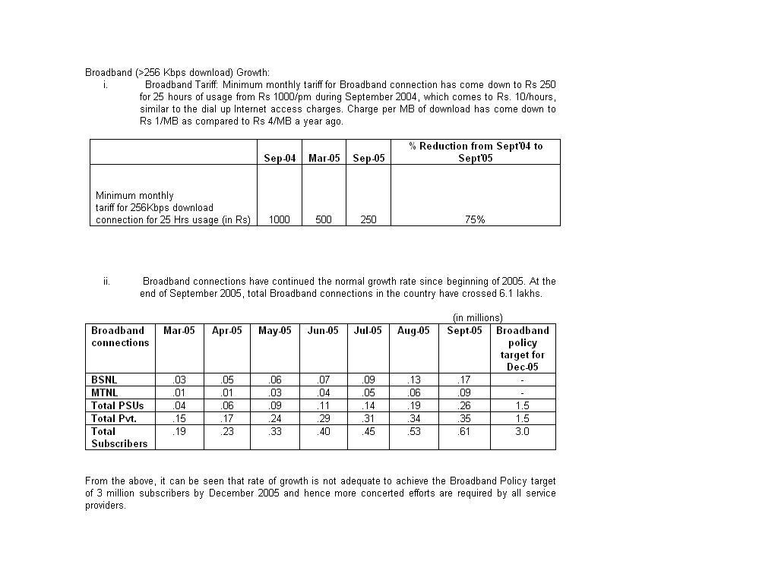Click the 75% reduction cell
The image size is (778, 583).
[x=475, y=219]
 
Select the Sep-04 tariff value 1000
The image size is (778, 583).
[x=280, y=219]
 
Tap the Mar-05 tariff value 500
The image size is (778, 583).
[x=324, y=219]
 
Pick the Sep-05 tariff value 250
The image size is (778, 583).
[x=368, y=219]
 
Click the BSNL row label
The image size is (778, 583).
[x=104, y=380]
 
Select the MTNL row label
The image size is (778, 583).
[x=105, y=392]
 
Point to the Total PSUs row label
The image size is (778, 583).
[x=118, y=405]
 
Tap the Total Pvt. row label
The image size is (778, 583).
[x=114, y=418]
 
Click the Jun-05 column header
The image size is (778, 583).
[x=322, y=330]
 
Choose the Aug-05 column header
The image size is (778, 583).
[x=413, y=330]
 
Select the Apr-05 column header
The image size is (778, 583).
[x=226, y=330]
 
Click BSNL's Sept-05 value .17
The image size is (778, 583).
[x=464, y=380]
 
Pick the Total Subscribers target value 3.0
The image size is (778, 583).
[x=522, y=431]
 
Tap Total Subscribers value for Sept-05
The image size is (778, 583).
[x=464, y=431]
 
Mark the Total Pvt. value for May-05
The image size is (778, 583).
[x=274, y=418]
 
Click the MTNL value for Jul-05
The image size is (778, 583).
[x=368, y=392]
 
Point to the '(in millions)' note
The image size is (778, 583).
[x=478, y=317]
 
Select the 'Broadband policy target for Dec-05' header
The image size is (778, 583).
[x=522, y=348]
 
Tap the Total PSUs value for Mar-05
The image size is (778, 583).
[x=179, y=405]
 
